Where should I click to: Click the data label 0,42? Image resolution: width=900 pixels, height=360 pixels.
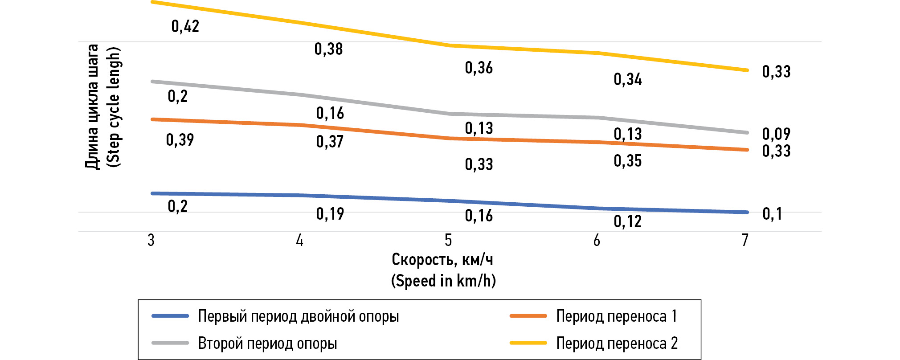pyautogui.click(x=185, y=26)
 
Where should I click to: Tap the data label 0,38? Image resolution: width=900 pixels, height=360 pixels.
pyautogui.click(x=328, y=49)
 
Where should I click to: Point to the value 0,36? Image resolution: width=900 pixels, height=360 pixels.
pyautogui.click(x=479, y=68)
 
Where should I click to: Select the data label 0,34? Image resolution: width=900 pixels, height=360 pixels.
pyautogui.click(x=627, y=79)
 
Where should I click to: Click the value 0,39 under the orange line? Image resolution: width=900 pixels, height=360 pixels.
pyautogui.click(x=180, y=140)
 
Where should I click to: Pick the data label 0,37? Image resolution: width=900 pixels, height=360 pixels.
pyautogui.click(x=330, y=142)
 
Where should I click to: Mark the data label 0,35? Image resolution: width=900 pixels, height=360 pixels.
pyautogui.click(x=627, y=161)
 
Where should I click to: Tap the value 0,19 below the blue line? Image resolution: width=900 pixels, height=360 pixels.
pyautogui.click(x=330, y=214)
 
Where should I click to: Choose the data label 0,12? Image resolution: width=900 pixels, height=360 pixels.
pyautogui.click(x=627, y=221)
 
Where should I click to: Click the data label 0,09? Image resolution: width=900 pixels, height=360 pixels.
pyautogui.click(x=776, y=134)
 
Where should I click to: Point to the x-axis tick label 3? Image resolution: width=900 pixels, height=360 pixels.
pyautogui.click(x=151, y=241)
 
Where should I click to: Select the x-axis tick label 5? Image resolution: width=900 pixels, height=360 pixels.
pyautogui.click(x=448, y=241)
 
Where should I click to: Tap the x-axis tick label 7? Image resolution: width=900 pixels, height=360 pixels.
pyautogui.click(x=745, y=241)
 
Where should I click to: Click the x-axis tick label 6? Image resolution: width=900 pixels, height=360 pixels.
pyautogui.click(x=597, y=241)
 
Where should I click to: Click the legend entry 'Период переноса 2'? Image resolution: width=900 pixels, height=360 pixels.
pyautogui.click(x=617, y=343)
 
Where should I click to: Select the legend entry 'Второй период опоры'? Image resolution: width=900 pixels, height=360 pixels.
pyautogui.click(x=267, y=343)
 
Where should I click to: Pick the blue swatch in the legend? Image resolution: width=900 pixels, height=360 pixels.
pyautogui.click(x=170, y=316)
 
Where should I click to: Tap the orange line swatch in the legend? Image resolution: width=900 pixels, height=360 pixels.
pyautogui.click(x=528, y=316)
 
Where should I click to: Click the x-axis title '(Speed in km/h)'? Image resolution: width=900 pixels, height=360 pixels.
pyautogui.click(x=443, y=281)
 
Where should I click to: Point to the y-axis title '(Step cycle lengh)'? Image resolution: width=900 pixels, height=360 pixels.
pyautogui.click(x=114, y=107)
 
